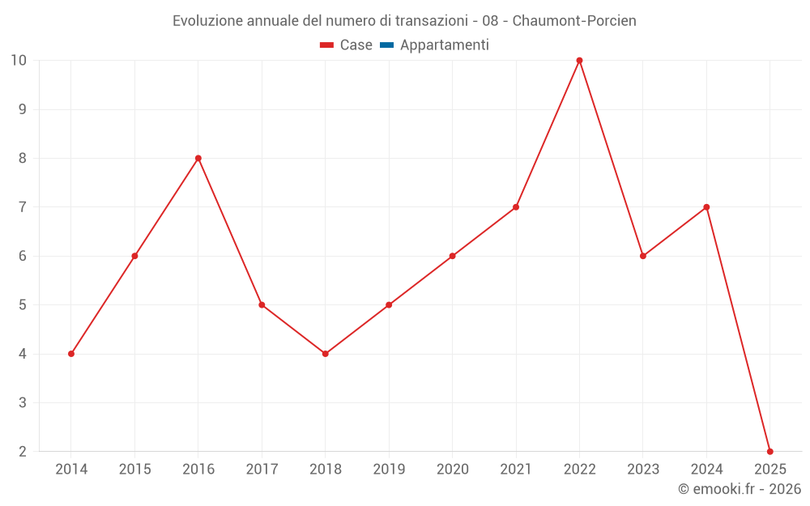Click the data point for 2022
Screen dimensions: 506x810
pos(579,61)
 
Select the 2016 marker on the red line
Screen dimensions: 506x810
pos(198,159)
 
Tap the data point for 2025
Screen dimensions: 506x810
pos(769,452)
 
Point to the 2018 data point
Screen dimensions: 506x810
pos(325,354)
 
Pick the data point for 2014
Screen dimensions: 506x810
pos(71,354)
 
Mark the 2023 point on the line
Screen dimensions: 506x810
pos(643,256)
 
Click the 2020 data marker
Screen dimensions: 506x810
pos(452,256)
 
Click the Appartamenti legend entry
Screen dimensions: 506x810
pos(444,45)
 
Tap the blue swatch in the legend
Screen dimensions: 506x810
pos(386,45)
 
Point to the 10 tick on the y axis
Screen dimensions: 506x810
pos(19,61)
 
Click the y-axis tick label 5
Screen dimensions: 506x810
pos(23,305)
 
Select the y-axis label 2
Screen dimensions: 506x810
pos(23,452)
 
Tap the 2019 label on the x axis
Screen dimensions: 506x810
pos(389,470)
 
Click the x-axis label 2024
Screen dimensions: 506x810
pos(706,470)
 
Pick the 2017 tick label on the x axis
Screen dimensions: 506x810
pos(262,470)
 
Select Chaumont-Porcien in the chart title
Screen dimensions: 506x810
pos(574,21)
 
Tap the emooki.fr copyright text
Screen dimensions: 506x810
pos(740,489)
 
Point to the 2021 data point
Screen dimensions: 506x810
pos(516,207)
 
